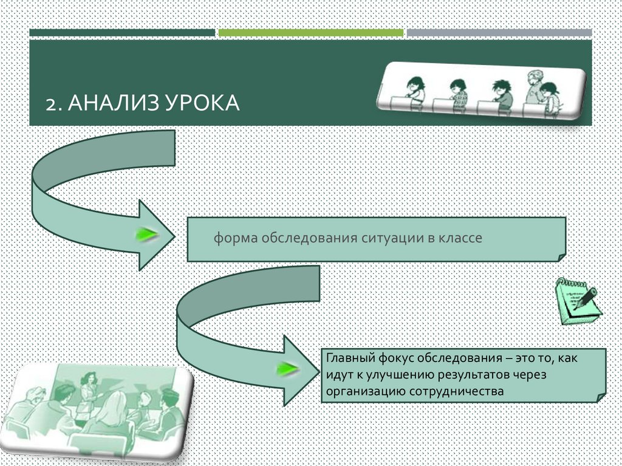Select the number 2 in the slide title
pyautogui.click(x=50, y=104)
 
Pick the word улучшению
pyautogui.click(x=397, y=375)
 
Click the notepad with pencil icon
pyautogui.click(x=576, y=301)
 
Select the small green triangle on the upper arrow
pyautogui.click(x=146, y=235)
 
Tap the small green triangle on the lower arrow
pyautogui.click(x=287, y=369)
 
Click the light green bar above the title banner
pyautogui.click(x=310, y=33)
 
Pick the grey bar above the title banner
pyautogui.click(x=499, y=33)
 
